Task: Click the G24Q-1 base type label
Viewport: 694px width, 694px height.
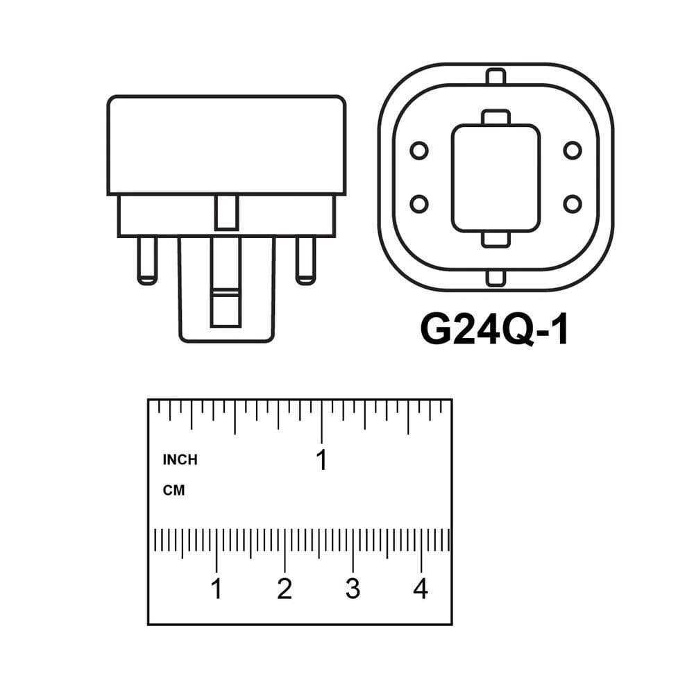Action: (494, 330)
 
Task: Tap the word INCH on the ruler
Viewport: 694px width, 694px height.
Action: (180, 460)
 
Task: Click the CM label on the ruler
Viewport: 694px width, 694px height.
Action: (173, 491)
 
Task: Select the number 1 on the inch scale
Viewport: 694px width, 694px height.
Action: (322, 460)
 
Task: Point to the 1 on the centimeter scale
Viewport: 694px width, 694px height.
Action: (217, 589)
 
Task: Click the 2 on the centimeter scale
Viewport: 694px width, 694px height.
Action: (285, 589)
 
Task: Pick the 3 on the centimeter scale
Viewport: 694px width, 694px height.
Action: (353, 589)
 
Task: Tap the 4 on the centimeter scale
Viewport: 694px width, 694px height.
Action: (421, 589)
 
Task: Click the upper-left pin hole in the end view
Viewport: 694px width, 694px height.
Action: (419, 151)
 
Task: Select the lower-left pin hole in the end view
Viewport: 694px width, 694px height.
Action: (419, 204)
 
